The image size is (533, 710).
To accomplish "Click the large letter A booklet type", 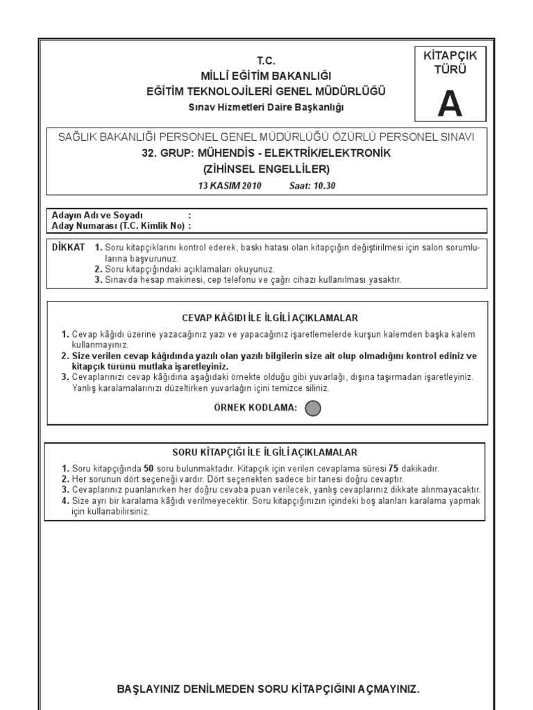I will (x=449, y=105).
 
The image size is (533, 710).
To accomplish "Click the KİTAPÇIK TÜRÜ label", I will (x=450, y=62).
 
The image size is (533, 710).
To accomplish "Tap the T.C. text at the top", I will (x=266, y=61).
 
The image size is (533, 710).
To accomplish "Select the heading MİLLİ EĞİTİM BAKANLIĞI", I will (x=266, y=76).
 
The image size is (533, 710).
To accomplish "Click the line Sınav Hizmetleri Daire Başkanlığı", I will (x=266, y=107).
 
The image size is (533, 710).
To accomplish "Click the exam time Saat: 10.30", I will (x=312, y=185).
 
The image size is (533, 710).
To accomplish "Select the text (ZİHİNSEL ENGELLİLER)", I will (x=266, y=168).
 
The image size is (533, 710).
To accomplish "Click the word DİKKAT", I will (x=69, y=247).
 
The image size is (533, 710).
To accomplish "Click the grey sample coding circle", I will (x=313, y=408).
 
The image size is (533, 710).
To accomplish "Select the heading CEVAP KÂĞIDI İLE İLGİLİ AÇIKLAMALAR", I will (x=269, y=318).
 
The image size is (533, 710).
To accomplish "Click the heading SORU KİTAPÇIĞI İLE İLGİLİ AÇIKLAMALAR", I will (x=269, y=451).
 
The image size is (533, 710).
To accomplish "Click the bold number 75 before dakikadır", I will (x=394, y=469).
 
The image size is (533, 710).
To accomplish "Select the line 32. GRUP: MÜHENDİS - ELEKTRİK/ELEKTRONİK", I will (x=266, y=153).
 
